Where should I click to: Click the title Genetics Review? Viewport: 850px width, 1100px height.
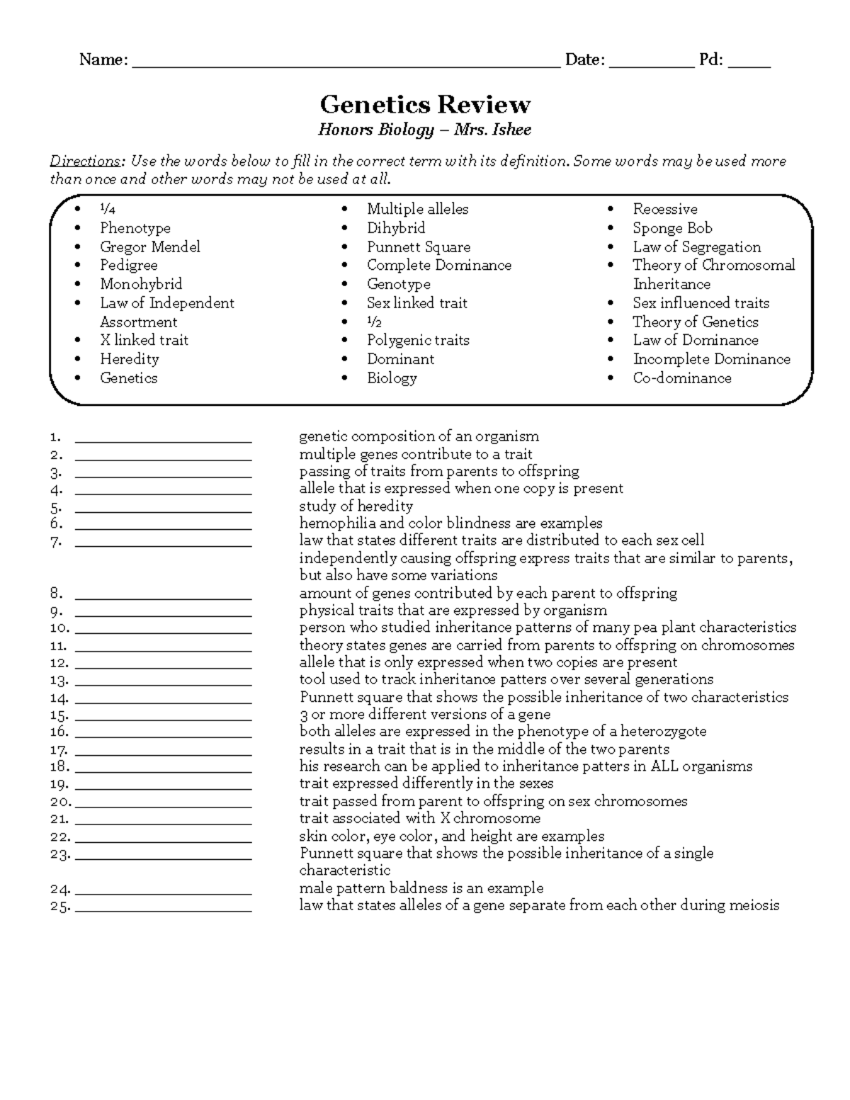point(424,105)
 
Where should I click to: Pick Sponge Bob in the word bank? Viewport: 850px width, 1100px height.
point(672,228)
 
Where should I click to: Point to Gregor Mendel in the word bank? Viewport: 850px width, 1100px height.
point(149,247)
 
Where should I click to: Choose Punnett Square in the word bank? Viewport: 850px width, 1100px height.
point(418,247)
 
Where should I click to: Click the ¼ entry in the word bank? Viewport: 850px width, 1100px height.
point(107,210)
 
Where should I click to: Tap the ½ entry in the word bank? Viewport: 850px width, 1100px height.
point(374,322)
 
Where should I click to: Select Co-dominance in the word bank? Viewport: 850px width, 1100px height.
point(681,378)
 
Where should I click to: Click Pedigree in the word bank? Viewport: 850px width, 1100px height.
point(128,266)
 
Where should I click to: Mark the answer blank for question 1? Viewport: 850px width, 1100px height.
point(163,440)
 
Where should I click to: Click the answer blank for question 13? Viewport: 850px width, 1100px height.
point(163,684)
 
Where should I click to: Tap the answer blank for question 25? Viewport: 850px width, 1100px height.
point(163,909)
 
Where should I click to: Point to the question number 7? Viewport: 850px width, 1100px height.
point(56,543)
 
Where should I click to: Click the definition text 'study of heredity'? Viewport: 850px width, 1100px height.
point(356,506)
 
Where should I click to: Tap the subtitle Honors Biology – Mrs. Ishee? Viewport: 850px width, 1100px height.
point(424,130)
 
